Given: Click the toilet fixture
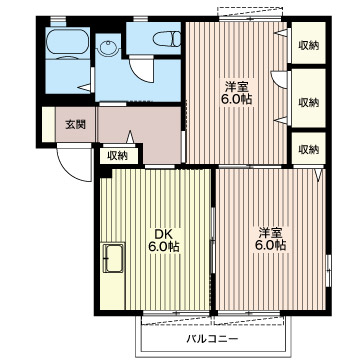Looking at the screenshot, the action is click(x=167, y=39).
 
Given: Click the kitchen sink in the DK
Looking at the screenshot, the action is click(x=113, y=257).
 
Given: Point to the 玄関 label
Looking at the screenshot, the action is click(x=75, y=124).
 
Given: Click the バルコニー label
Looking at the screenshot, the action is click(x=212, y=339).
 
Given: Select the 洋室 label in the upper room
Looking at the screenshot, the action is click(x=236, y=87).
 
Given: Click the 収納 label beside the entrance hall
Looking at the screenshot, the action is click(x=118, y=156).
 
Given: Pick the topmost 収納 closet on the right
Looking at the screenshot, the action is click(x=308, y=43).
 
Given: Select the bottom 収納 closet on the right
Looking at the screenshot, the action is click(x=308, y=148).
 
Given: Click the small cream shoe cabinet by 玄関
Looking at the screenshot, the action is click(x=49, y=124).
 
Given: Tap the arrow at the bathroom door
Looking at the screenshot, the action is click(x=84, y=88).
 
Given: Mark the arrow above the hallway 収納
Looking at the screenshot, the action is click(x=130, y=137).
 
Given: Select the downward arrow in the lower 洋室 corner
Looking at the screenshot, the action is click(x=319, y=175).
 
